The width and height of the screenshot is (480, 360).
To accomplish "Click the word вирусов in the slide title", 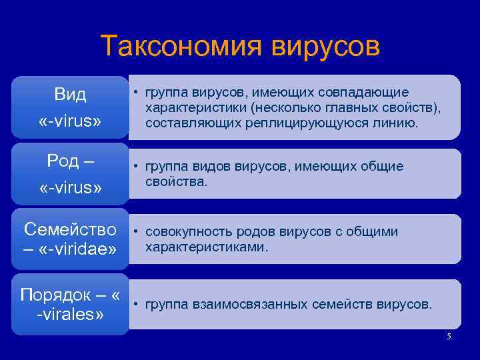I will (326, 47).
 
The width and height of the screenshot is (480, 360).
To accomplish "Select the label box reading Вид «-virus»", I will (70, 107).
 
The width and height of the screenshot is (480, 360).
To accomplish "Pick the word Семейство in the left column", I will (70, 229).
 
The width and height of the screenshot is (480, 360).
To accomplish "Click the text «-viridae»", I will (78, 249).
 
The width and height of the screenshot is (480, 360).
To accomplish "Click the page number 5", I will (449, 337).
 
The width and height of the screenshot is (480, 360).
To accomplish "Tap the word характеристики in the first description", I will (191, 107).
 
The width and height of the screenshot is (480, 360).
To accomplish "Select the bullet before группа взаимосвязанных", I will (135, 305).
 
